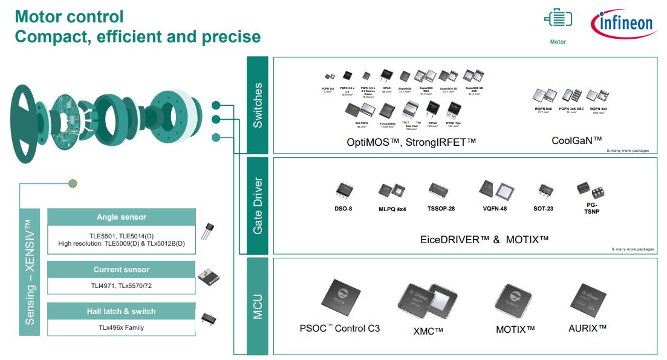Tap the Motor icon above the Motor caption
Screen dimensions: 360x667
point(558,20)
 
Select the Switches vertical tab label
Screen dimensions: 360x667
point(258,105)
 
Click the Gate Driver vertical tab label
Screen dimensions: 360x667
point(258,206)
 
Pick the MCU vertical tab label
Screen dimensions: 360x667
point(258,306)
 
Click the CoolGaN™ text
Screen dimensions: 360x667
point(576,140)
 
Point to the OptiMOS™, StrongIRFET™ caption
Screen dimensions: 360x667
point(411,142)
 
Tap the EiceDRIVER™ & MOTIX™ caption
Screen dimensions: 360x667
point(484,239)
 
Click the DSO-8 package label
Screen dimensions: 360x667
point(344,209)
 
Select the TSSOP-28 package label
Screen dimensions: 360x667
point(441,209)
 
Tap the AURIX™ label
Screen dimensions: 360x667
point(587,328)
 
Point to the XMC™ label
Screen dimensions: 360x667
point(428,331)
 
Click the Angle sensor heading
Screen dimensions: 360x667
point(121,217)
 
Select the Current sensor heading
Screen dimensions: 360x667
point(121,270)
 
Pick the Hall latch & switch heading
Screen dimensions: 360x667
point(121,312)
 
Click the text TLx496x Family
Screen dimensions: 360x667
point(121,327)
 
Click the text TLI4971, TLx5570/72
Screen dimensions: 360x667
point(121,286)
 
